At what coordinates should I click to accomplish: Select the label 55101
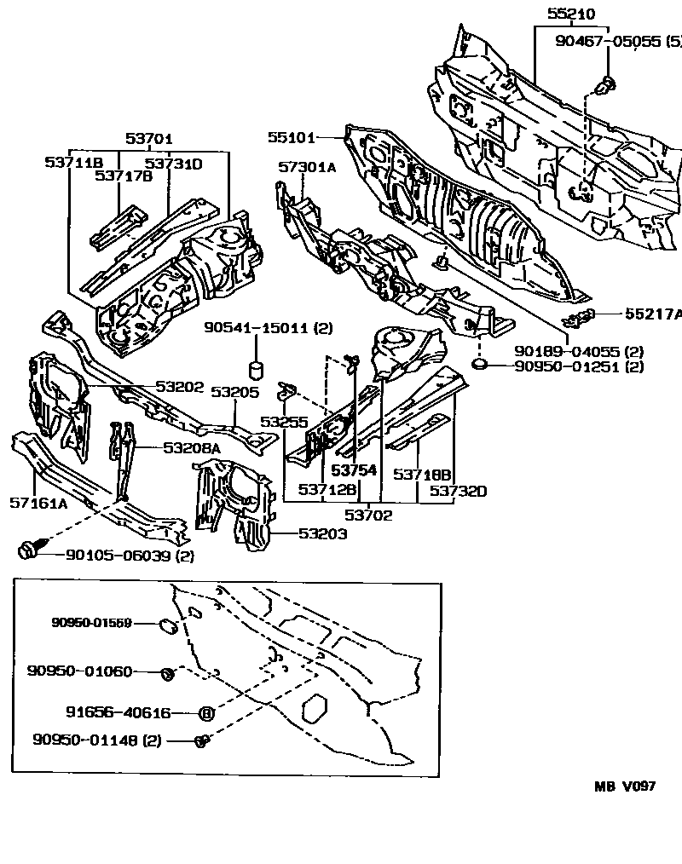pos(291,137)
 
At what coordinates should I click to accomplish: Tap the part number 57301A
pos(307,168)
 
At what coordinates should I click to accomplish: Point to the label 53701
pos(149,139)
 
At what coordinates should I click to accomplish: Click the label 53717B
pos(123,176)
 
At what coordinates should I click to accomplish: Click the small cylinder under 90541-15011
pos(254,370)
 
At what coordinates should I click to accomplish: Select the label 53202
pos(180,387)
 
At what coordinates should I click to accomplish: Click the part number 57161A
pos(38,504)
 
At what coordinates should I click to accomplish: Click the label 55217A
pos(653,314)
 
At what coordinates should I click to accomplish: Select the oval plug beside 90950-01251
pos(479,366)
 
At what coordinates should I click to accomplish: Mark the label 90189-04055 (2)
pos(578,351)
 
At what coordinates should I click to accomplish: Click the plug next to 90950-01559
pos(168,628)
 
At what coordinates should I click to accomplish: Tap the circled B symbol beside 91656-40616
pos(205,713)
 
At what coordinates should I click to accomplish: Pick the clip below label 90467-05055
pos(607,84)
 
